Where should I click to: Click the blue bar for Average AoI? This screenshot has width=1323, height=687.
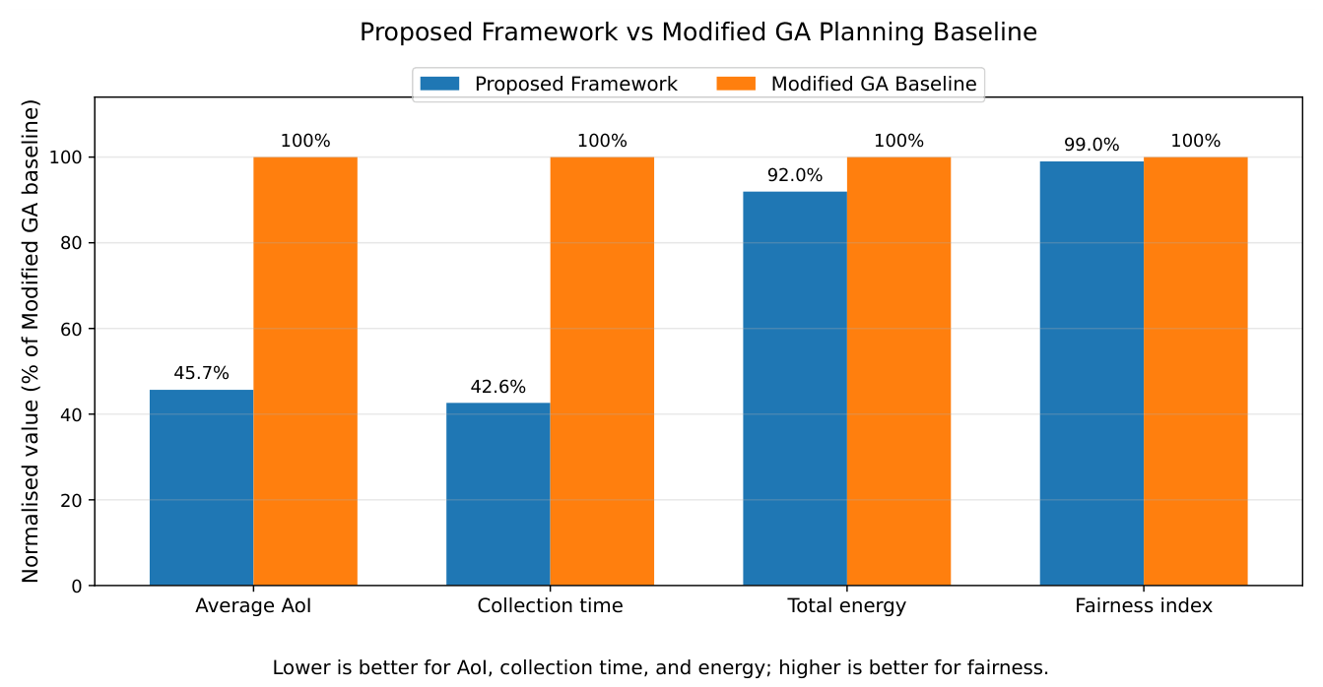[x=201, y=487]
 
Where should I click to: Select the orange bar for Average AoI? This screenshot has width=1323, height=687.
[x=305, y=371]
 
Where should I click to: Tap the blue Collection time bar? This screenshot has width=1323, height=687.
[x=497, y=494]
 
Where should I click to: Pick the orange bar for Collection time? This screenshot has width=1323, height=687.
[x=602, y=371]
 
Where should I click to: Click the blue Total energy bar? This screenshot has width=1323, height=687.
[x=795, y=389]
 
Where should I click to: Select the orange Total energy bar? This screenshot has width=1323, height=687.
[x=899, y=371]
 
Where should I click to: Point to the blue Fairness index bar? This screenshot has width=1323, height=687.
[x=1091, y=374]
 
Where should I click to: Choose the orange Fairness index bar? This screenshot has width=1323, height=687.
[x=1195, y=371]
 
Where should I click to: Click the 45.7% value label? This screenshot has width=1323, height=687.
[x=201, y=373]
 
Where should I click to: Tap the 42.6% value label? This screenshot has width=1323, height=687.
[x=497, y=387]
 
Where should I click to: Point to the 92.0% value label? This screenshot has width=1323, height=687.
[x=795, y=175]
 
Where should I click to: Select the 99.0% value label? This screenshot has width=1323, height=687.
[x=1091, y=145]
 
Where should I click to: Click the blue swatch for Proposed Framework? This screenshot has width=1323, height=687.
[x=439, y=84]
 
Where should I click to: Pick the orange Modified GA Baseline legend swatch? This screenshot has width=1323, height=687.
[x=736, y=84]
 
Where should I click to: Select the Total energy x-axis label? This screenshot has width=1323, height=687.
[x=846, y=606]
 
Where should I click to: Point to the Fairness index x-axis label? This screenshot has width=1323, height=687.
[x=1144, y=606]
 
